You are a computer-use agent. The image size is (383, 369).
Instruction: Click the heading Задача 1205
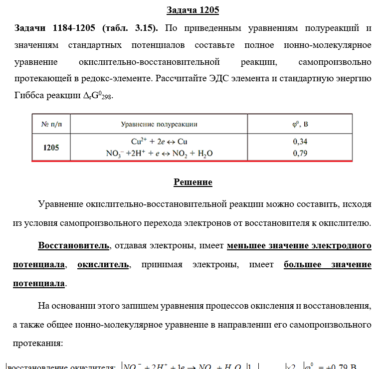click(192, 10)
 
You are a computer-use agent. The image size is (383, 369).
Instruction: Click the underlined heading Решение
click(192, 182)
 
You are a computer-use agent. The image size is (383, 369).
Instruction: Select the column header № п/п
click(51, 124)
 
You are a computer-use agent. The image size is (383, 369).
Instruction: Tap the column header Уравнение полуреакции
click(159, 124)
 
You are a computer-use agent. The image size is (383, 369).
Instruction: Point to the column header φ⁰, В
click(300, 124)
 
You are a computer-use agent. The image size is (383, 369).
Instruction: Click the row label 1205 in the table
click(51, 148)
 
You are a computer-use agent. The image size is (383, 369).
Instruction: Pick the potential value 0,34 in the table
click(300, 142)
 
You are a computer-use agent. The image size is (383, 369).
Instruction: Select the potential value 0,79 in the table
click(300, 153)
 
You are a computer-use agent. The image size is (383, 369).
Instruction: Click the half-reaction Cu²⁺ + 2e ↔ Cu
click(159, 142)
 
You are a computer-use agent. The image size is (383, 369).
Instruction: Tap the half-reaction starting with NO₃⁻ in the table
click(159, 153)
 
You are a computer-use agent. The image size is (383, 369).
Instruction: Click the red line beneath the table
click(192, 162)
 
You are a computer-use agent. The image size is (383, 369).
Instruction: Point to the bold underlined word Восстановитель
click(73, 246)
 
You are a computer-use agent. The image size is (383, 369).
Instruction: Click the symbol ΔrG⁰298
click(97, 95)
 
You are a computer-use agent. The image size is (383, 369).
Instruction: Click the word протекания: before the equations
click(38, 344)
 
